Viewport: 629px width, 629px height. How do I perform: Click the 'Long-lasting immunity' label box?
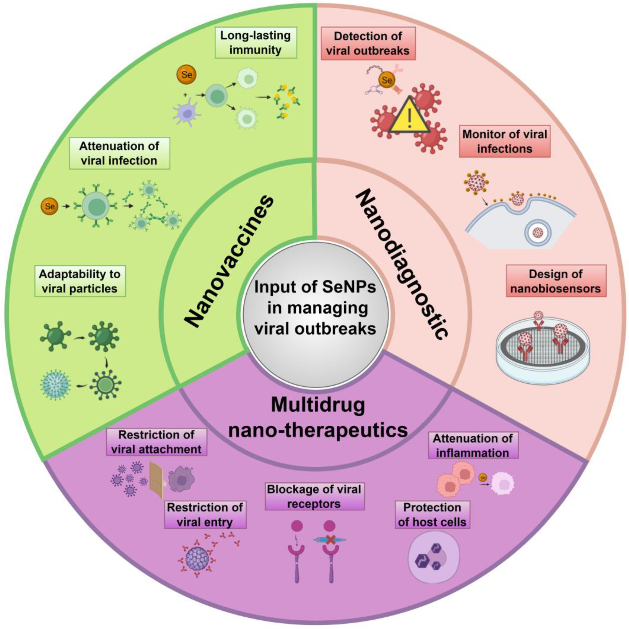point(255,43)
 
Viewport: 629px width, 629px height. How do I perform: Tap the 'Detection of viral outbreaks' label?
point(368,43)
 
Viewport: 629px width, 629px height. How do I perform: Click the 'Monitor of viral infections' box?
point(504,141)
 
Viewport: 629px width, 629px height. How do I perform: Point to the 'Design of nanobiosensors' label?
point(556,281)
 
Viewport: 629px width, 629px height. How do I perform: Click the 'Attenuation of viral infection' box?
point(119,153)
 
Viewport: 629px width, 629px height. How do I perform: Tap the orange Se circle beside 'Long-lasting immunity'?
point(187,75)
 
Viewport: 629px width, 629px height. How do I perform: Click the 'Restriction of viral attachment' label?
point(156,442)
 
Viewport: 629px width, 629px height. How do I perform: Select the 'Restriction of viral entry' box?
point(205,514)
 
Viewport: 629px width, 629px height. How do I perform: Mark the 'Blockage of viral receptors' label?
point(314,496)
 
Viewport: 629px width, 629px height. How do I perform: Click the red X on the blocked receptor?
point(330,540)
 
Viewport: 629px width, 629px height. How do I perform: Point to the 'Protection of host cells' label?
point(432,514)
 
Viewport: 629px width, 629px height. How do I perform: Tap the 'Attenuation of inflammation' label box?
point(473,445)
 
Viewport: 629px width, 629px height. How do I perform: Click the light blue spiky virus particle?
point(55,385)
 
